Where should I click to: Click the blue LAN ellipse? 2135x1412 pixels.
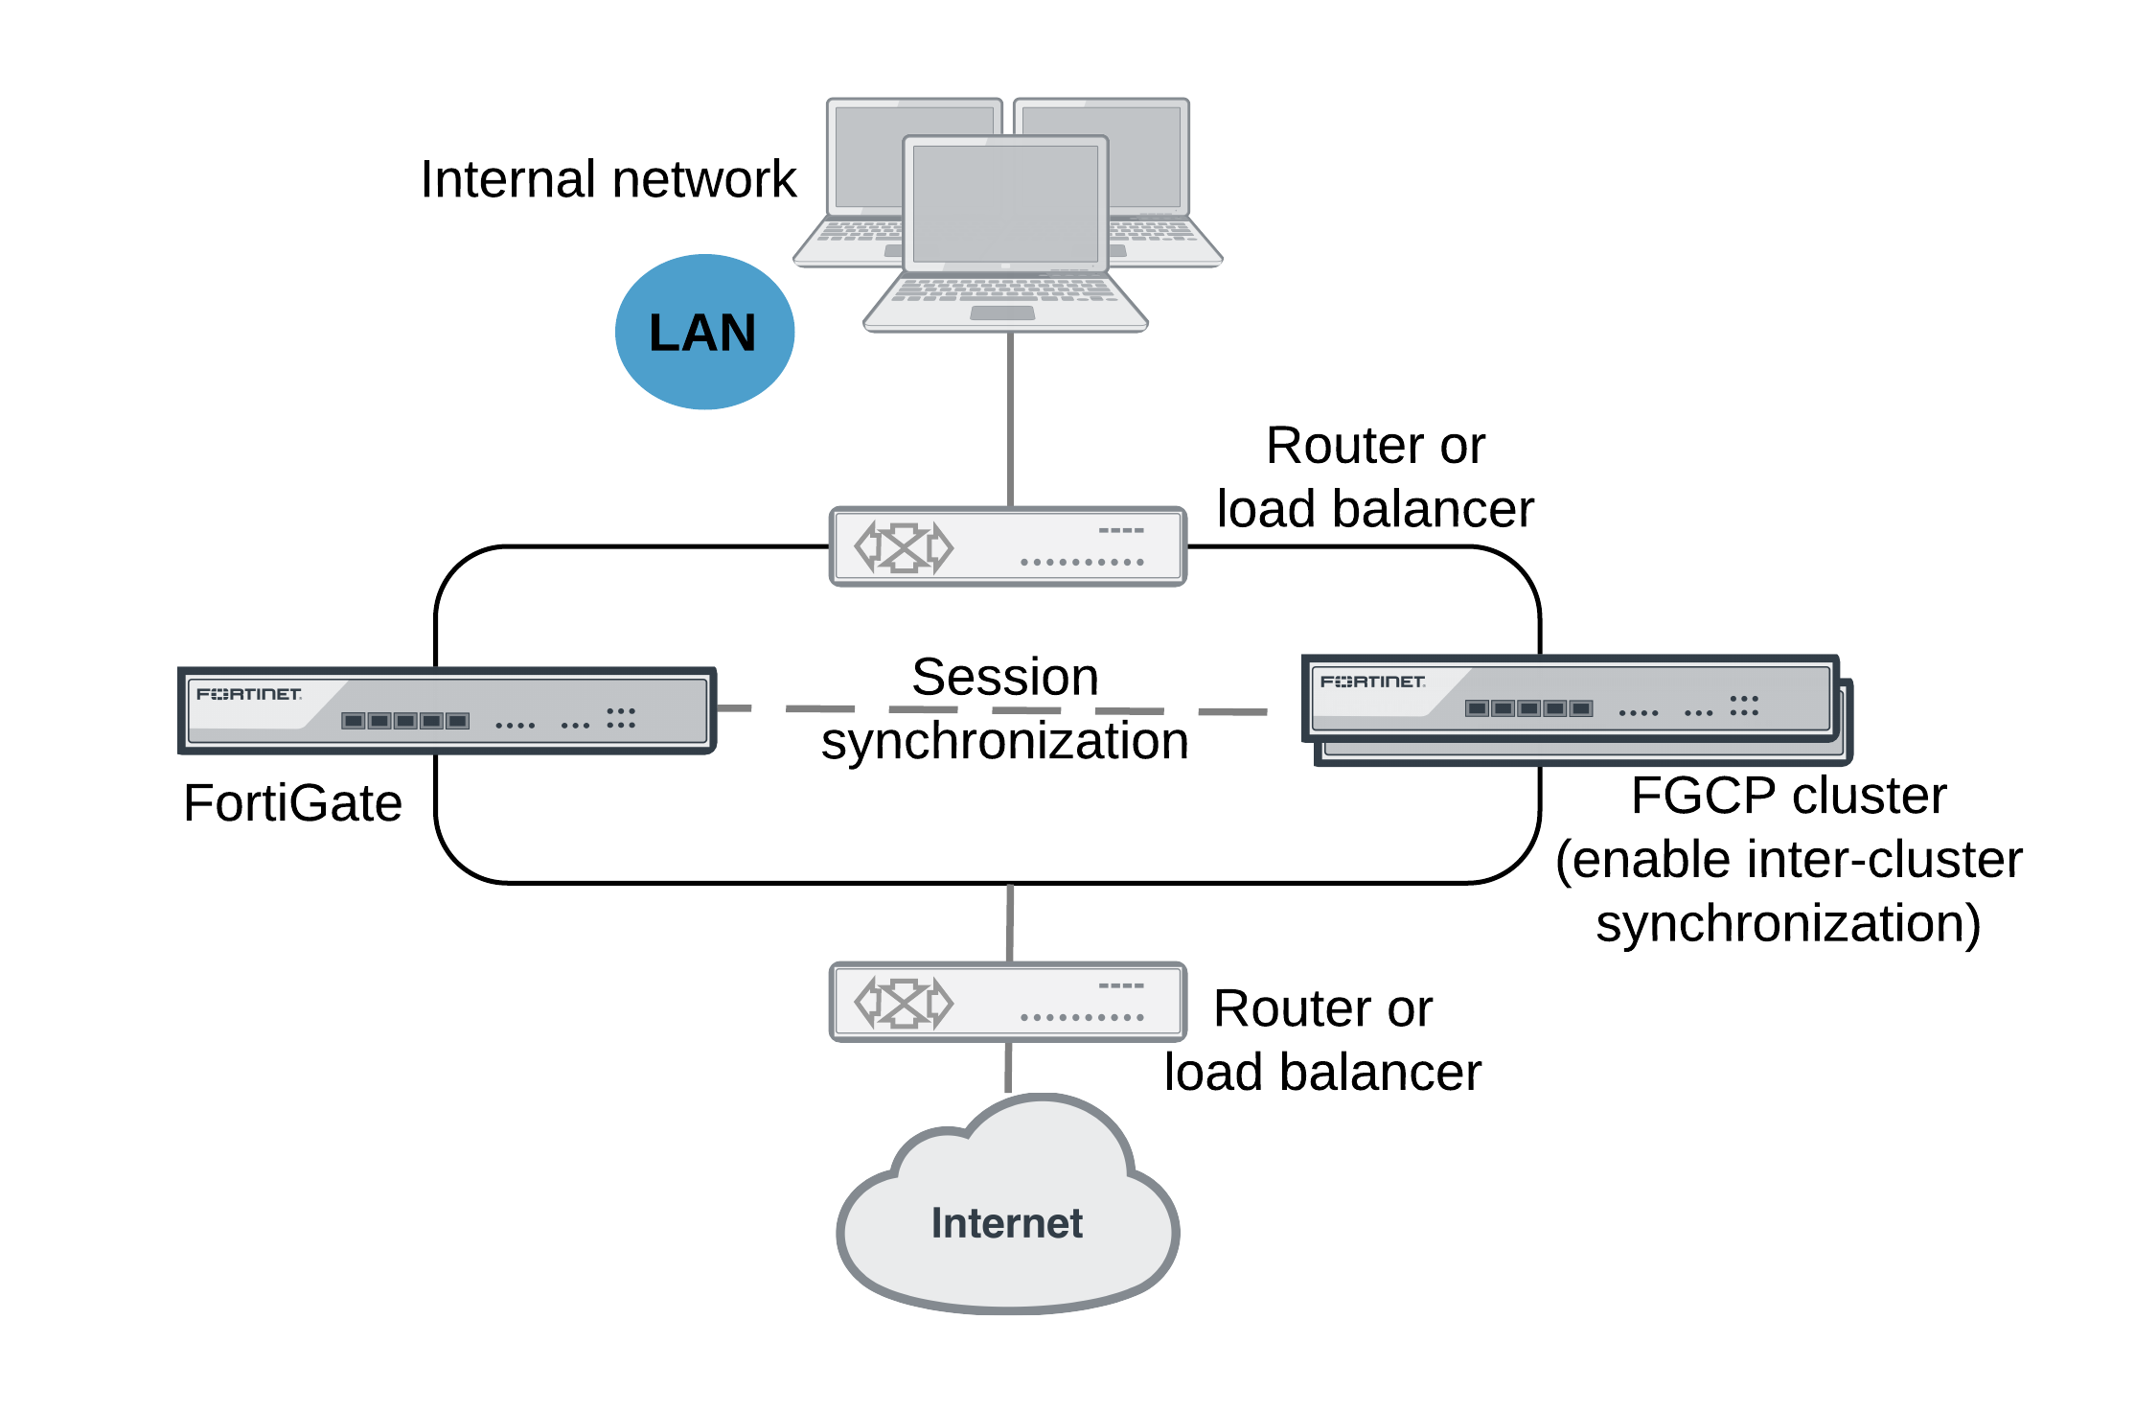704,332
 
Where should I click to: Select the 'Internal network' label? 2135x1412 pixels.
608,179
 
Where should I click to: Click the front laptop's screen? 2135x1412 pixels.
1005,203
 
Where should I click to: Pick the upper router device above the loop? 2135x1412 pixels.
1007,546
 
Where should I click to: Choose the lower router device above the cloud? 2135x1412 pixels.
1007,1002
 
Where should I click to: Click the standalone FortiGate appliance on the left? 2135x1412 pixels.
447,710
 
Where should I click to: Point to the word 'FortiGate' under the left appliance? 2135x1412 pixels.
292,802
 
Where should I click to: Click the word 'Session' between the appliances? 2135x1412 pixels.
1004,677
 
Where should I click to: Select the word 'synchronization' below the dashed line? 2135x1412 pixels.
1004,741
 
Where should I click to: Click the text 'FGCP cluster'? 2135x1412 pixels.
1788,796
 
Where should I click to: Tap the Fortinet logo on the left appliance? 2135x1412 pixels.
249,693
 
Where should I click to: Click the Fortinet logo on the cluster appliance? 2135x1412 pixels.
1372,682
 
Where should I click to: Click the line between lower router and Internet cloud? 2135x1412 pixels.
1008,1068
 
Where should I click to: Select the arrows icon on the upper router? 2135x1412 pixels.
904,547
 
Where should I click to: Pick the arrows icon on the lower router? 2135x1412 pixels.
904,1003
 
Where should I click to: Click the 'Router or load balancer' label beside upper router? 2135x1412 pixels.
1374,476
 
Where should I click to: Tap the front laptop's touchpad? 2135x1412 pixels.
1002,313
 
